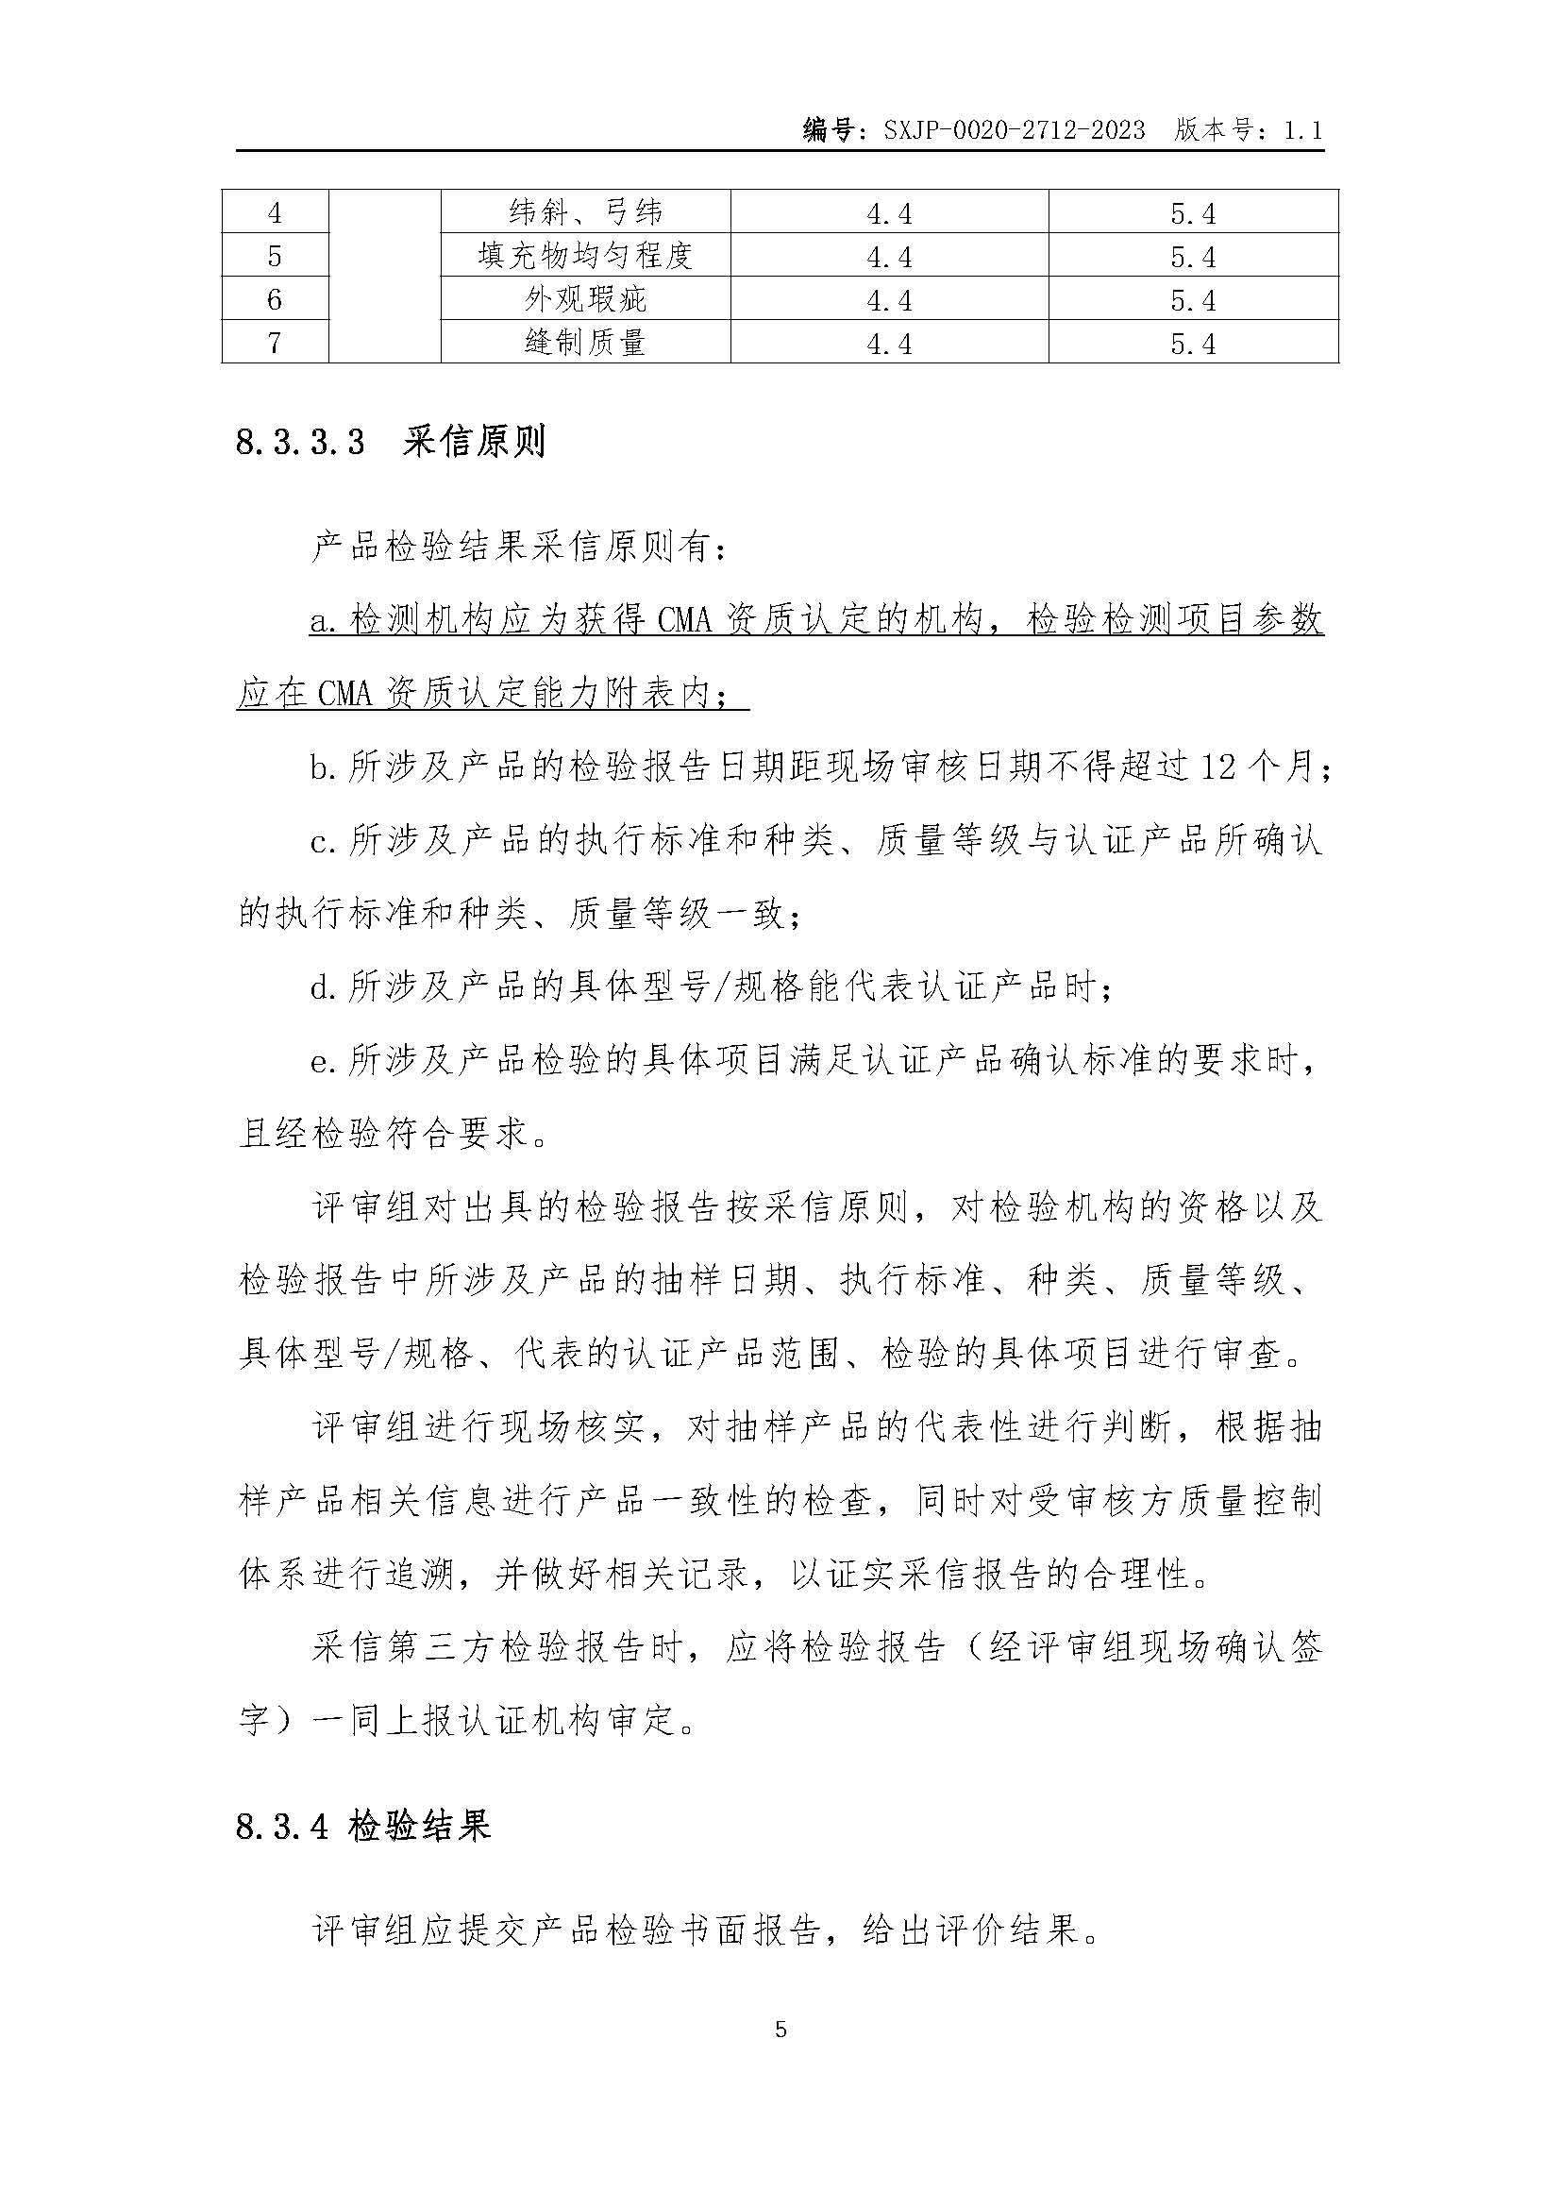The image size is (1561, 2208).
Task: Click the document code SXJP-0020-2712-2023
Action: [1014, 130]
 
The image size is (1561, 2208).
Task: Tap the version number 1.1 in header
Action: [1302, 130]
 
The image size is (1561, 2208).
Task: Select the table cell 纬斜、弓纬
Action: [585, 211]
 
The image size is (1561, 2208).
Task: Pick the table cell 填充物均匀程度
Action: [585, 256]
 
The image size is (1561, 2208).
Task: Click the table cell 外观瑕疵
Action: [585, 299]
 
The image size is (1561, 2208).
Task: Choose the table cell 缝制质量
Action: [585, 343]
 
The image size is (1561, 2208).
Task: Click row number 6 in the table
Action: [275, 299]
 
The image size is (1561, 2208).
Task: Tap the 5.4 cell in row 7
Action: [1193, 344]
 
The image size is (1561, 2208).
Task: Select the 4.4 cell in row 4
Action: [889, 212]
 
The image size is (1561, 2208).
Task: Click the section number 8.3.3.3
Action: [300, 443]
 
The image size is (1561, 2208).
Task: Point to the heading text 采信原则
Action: [474, 442]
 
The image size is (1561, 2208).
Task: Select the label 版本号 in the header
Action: [1213, 130]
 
